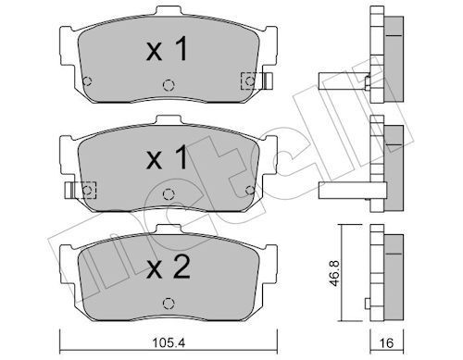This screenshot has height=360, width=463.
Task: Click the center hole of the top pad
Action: click(x=168, y=83)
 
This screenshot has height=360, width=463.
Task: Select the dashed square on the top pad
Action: click(x=249, y=80)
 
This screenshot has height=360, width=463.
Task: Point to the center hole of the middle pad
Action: click(x=168, y=194)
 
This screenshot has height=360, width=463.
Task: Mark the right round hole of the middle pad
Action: click(x=249, y=190)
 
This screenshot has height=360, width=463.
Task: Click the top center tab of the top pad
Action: click(x=168, y=12)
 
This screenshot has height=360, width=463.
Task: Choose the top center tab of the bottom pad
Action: click(x=168, y=230)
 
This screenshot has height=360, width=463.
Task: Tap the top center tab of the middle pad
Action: click(x=168, y=120)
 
